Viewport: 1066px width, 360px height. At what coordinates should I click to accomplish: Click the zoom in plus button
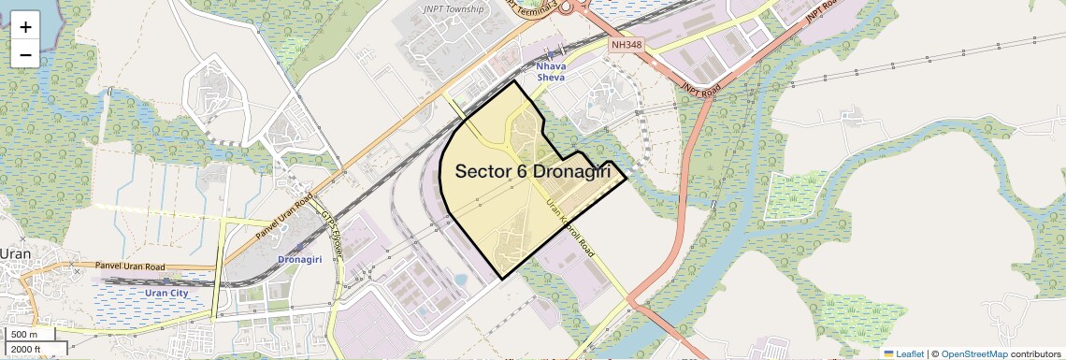25,27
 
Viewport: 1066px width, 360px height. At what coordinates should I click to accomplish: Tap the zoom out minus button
25,55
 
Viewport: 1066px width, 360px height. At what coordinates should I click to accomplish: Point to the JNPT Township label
453,9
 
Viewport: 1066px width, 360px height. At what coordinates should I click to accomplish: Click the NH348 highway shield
626,44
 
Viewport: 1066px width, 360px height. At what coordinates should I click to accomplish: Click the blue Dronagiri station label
300,258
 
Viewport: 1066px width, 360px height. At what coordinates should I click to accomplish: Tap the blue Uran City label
166,293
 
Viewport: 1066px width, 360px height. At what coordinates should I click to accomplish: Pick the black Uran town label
15,253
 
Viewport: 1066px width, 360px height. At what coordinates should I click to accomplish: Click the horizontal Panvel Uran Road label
130,266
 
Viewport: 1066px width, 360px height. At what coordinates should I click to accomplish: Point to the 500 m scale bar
24,335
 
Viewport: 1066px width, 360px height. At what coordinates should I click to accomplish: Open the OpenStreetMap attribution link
973,353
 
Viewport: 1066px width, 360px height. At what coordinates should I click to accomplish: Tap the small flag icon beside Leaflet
888,353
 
